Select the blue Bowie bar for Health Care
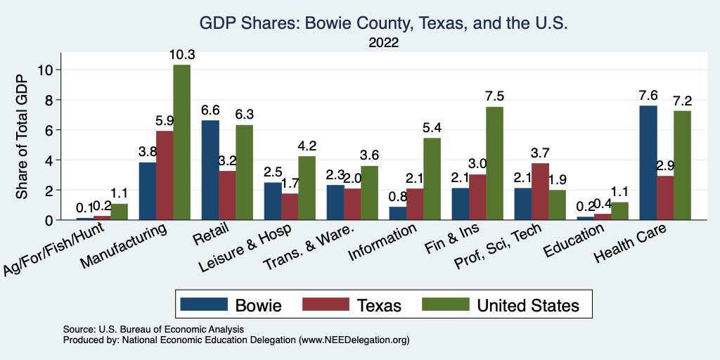click(x=648, y=163)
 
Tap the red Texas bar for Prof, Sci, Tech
click(x=540, y=191)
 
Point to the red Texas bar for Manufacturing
click(x=165, y=176)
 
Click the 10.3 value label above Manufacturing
click(x=181, y=54)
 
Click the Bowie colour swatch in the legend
click(x=205, y=304)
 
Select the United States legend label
click(x=528, y=305)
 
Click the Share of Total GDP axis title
click(x=22, y=137)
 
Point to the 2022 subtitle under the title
click(x=384, y=42)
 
